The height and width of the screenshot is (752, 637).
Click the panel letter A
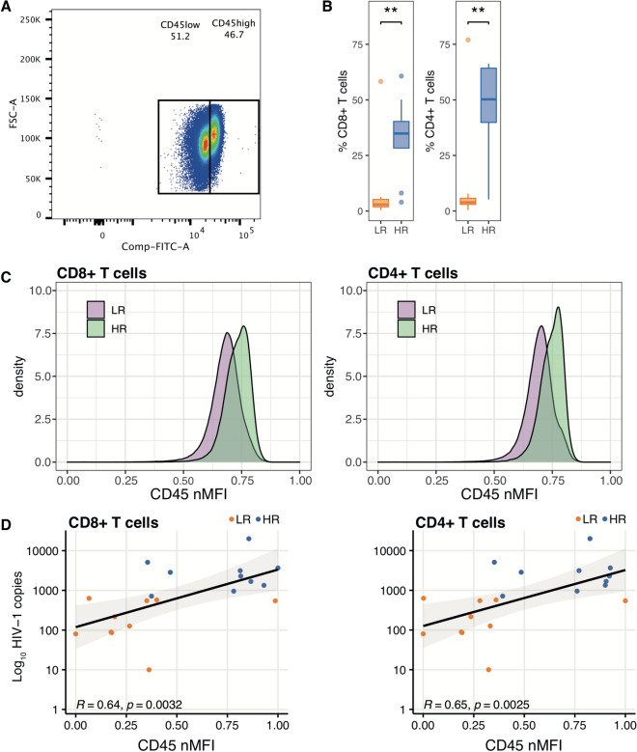(x=8, y=8)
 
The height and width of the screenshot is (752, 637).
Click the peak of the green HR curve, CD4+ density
(x=558, y=308)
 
